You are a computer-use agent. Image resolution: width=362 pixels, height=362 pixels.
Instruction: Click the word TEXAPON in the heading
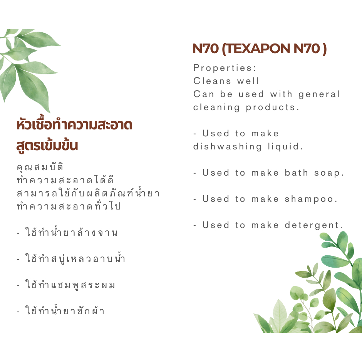coord(257,49)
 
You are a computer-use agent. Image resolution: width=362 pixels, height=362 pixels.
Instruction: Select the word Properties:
coord(225,68)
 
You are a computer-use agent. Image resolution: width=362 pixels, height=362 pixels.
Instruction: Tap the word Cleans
coord(212,81)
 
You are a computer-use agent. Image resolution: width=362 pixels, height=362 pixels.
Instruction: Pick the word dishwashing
coord(227,147)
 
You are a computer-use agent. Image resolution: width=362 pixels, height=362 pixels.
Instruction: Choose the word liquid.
coord(285,147)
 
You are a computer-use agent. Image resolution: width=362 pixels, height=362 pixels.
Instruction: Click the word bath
coord(296,173)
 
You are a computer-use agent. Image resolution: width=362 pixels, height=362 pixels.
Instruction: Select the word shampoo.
coord(311,199)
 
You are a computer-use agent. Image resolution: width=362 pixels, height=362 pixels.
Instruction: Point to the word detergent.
coord(313,226)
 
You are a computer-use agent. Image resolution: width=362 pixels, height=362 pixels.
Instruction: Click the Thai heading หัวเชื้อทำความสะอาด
coord(74,124)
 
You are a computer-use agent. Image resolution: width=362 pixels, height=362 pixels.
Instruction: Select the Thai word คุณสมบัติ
coord(40,167)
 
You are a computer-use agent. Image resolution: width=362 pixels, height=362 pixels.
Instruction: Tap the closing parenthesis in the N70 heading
coord(325,49)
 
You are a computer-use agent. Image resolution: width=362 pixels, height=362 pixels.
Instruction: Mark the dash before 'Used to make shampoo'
coord(195,199)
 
